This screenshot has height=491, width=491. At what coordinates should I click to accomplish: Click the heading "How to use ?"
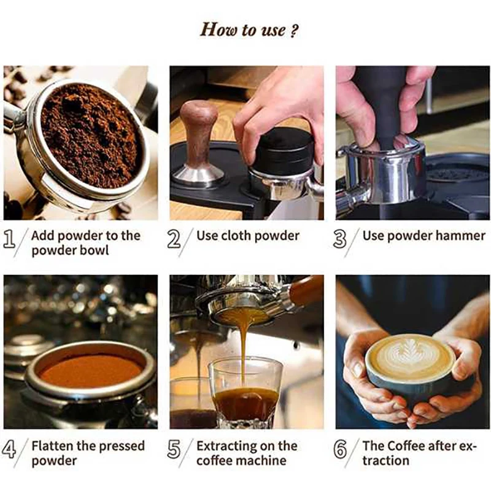coord(245,29)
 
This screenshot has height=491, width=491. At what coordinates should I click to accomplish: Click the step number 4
coord(10,450)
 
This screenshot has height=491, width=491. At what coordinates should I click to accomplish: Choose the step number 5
coord(174,450)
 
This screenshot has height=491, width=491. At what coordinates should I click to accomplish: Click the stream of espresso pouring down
coord(244,350)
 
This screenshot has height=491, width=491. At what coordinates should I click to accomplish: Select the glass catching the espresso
coord(245,393)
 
